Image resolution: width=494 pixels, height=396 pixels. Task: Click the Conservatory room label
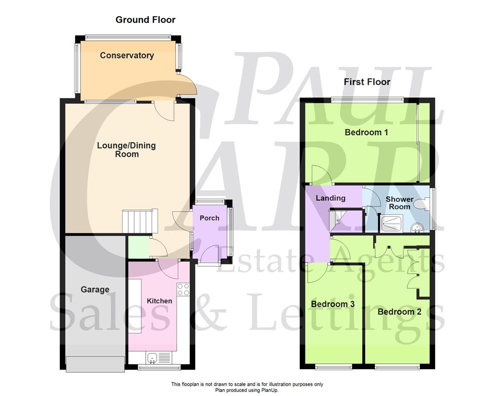tap(126, 55)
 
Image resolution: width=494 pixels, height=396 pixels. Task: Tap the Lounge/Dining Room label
tap(126, 149)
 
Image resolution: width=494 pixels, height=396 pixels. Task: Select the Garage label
tap(95, 290)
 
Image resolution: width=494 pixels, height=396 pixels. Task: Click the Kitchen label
tap(160, 300)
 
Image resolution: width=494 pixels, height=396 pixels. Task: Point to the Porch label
tap(209, 218)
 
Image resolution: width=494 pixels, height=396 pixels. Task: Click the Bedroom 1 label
tap(366, 132)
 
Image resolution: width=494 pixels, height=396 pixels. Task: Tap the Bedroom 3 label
tap(333, 304)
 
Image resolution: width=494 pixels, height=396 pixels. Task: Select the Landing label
tap(330, 198)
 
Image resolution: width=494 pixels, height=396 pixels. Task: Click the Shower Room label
tap(400, 203)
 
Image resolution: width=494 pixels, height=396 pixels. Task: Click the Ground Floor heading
tap(145, 20)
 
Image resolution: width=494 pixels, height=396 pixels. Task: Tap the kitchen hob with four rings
tap(183, 289)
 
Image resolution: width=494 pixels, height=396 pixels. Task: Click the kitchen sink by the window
tap(153, 357)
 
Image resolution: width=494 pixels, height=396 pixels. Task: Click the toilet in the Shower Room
tap(419, 203)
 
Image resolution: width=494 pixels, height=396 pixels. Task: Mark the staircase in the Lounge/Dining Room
tap(139, 221)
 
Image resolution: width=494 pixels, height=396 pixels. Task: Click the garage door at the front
tap(95, 364)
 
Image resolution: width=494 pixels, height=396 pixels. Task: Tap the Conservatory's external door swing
tap(188, 84)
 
